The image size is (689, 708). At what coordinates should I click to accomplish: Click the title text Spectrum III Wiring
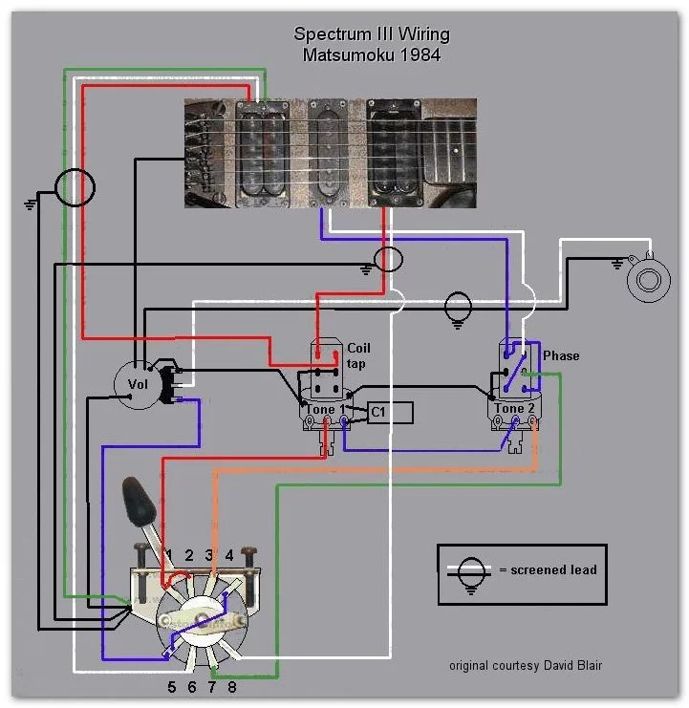click(372, 34)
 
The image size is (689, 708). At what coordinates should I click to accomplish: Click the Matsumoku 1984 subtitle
click(372, 54)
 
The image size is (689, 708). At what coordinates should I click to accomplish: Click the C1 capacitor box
click(391, 412)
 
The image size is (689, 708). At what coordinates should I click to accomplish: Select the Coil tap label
click(358, 355)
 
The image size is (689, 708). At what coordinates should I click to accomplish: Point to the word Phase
click(561, 355)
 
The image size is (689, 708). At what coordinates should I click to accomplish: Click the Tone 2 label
click(510, 409)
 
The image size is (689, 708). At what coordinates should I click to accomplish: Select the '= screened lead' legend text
click(548, 570)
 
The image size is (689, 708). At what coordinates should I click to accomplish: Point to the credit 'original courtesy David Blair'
click(524, 666)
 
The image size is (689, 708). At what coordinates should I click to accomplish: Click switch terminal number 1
click(168, 555)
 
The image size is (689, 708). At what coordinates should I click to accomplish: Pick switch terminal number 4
click(228, 555)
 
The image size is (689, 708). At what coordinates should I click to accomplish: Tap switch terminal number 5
click(171, 687)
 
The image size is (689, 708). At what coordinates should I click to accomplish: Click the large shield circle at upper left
click(75, 186)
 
